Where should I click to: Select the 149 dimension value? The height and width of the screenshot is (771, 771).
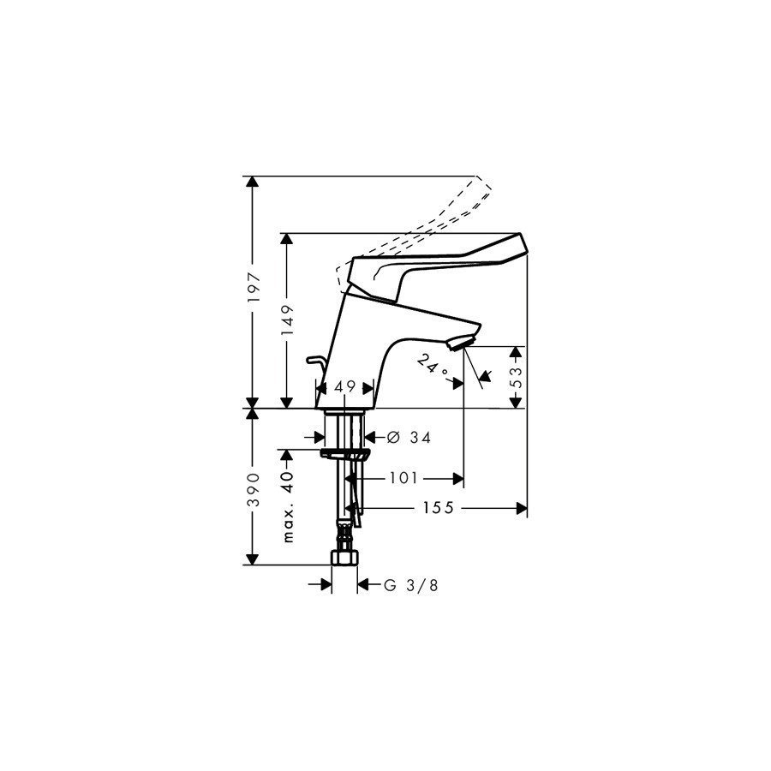[x=287, y=320]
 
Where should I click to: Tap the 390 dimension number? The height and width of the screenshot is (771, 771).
[x=253, y=490]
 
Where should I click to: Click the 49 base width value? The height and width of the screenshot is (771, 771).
[x=344, y=387]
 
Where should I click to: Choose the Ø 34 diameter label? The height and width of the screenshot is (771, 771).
[x=409, y=437]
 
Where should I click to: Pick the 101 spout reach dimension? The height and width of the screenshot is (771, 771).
[x=403, y=477]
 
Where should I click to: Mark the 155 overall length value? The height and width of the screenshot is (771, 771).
[x=438, y=508]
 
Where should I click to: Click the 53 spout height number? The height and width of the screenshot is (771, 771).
[x=517, y=377]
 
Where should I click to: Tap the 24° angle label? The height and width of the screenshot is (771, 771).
[x=433, y=365]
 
